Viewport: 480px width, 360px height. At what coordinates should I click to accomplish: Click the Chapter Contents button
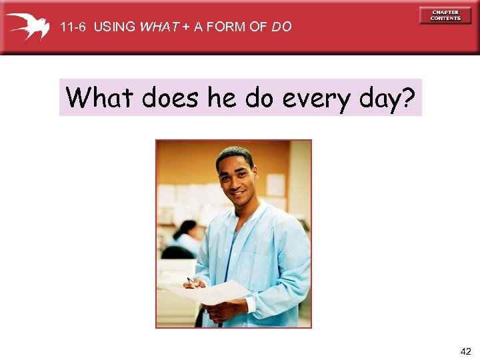445,15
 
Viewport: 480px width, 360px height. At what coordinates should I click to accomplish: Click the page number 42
465,351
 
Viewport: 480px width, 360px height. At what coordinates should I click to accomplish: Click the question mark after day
408,98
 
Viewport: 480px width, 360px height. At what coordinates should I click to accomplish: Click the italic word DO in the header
281,27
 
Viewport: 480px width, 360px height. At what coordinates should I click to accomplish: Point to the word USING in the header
114,27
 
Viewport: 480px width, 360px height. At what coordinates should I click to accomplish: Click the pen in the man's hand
191,281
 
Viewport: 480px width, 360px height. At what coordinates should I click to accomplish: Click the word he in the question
221,98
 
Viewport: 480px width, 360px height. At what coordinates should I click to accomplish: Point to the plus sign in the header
186,27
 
